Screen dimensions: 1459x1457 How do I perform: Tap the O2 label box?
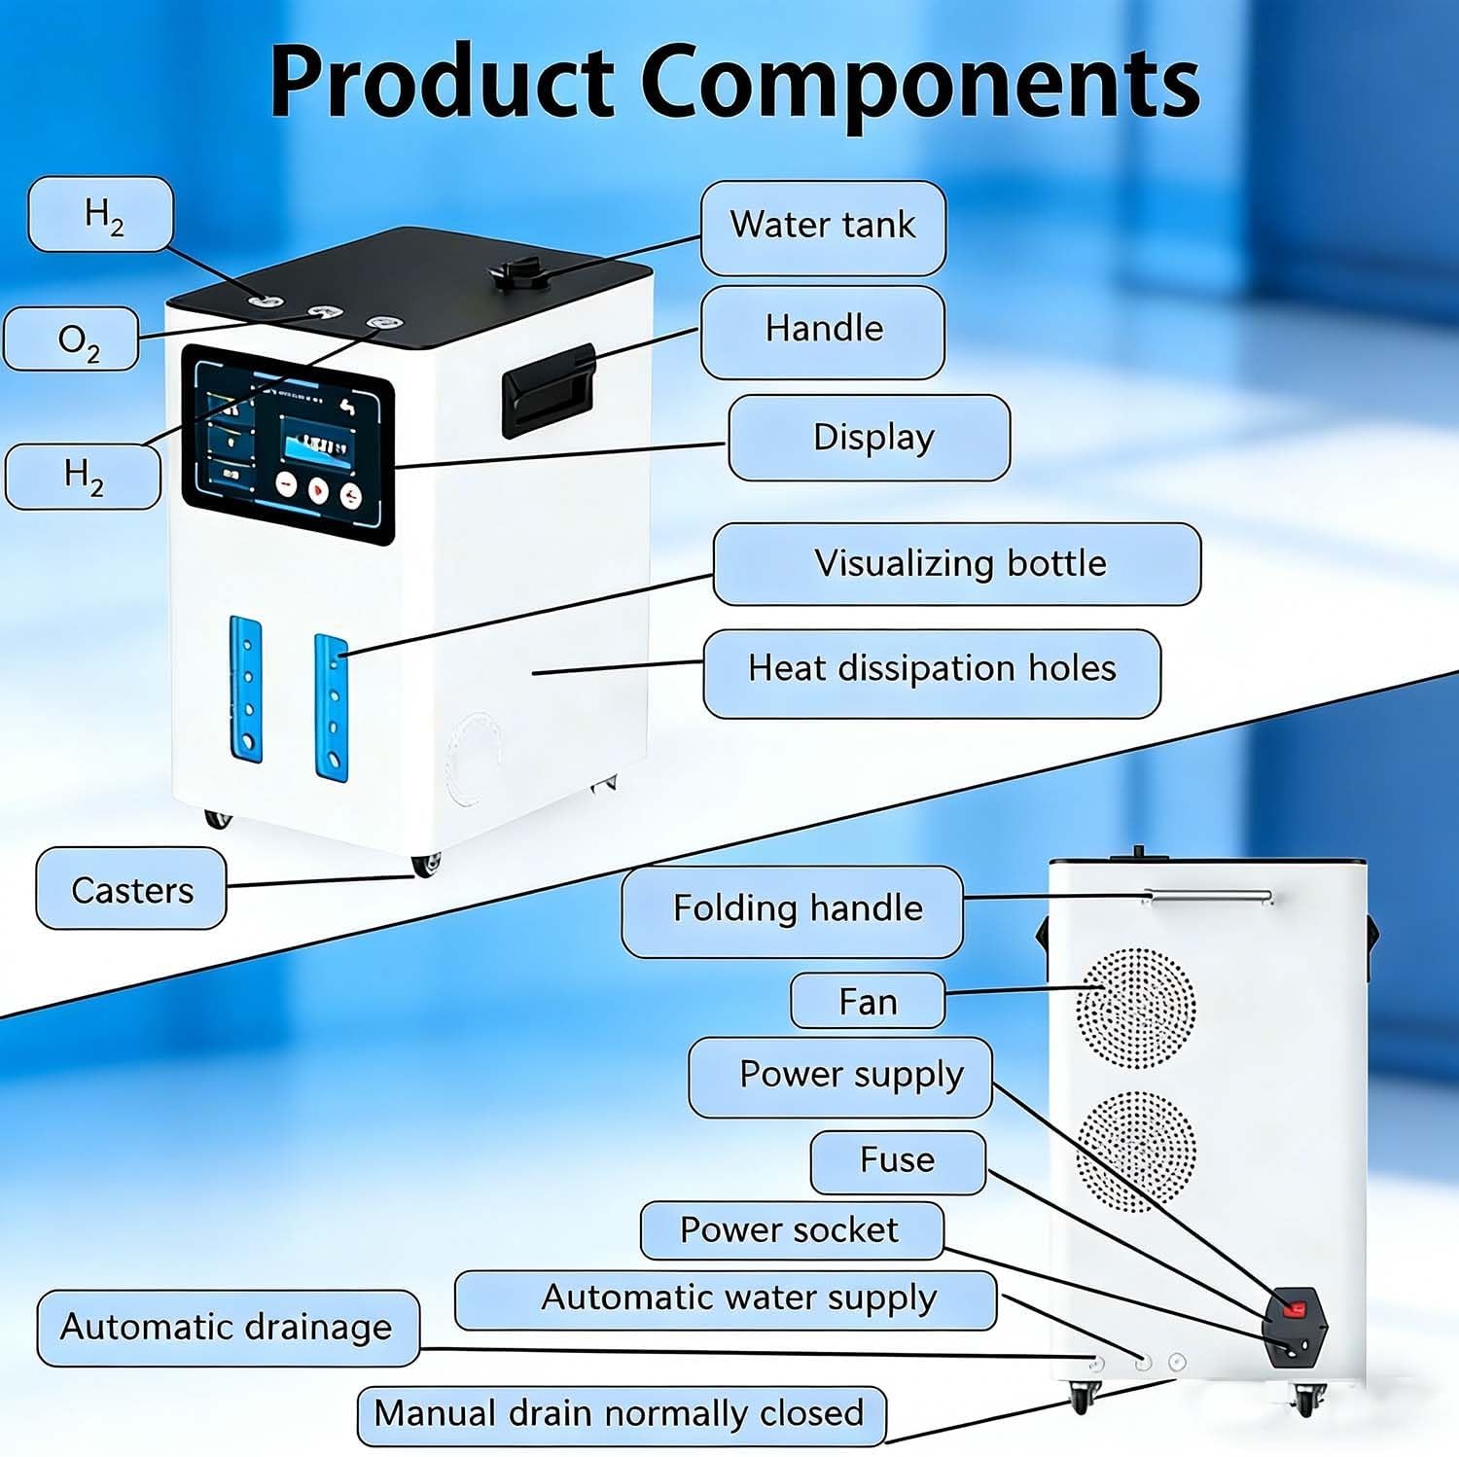point(71,339)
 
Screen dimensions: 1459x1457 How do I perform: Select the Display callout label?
point(870,438)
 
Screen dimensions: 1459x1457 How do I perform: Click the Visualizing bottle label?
point(957,564)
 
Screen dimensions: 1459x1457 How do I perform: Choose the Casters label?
point(131,889)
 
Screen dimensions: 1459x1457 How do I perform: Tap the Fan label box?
point(868,1001)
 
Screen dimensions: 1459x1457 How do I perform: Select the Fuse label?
point(898,1162)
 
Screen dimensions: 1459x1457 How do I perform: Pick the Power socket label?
point(792,1230)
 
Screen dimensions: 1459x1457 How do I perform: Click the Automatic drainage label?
point(229,1329)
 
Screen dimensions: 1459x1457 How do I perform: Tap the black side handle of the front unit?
point(548,389)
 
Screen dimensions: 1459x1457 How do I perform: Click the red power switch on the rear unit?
point(1294,1309)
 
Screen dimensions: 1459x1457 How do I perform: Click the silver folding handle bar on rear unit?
point(1208,896)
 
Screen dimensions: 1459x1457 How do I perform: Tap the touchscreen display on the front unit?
point(289,444)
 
